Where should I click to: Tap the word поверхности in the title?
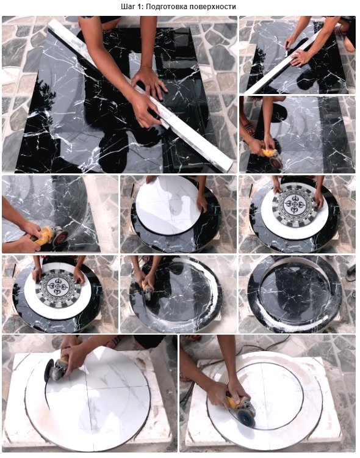pyautogui.click(x=212, y=7)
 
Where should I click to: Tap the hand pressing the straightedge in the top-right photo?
pyautogui.click(x=299, y=57)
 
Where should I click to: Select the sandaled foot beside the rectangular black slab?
pyautogui.click(x=249, y=128)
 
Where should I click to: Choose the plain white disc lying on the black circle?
pyautogui.click(x=168, y=205)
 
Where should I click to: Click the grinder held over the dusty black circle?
pyautogui.click(x=148, y=289)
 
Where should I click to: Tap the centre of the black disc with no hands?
pyautogui.click(x=293, y=294)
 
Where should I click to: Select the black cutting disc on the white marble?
pyautogui.click(x=48, y=371)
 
